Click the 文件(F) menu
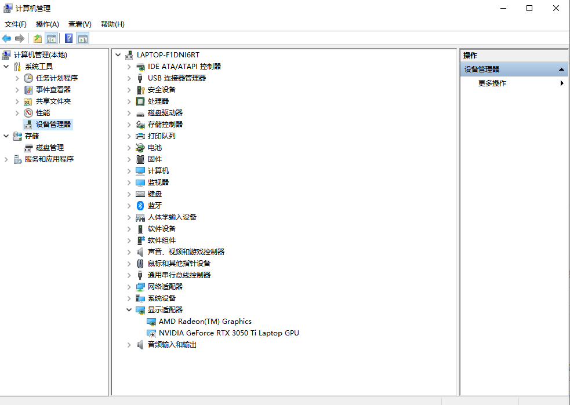click(x=15, y=24)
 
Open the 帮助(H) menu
click(x=112, y=24)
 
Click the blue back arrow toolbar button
click(x=6, y=38)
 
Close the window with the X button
click(x=556, y=8)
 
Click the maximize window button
click(x=529, y=8)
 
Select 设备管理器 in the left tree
click(x=53, y=124)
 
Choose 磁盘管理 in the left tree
click(x=50, y=148)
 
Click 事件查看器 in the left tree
click(x=53, y=89)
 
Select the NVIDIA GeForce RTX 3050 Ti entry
click(x=228, y=333)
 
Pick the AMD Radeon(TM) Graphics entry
click(x=205, y=322)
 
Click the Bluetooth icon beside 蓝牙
click(x=140, y=206)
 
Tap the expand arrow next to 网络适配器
click(x=129, y=287)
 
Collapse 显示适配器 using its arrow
click(x=129, y=310)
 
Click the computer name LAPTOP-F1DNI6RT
click(x=168, y=55)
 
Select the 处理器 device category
click(x=158, y=101)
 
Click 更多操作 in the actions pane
click(x=492, y=83)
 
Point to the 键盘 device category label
click(x=154, y=194)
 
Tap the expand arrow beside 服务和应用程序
click(x=6, y=159)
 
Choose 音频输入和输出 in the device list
click(x=172, y=345)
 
